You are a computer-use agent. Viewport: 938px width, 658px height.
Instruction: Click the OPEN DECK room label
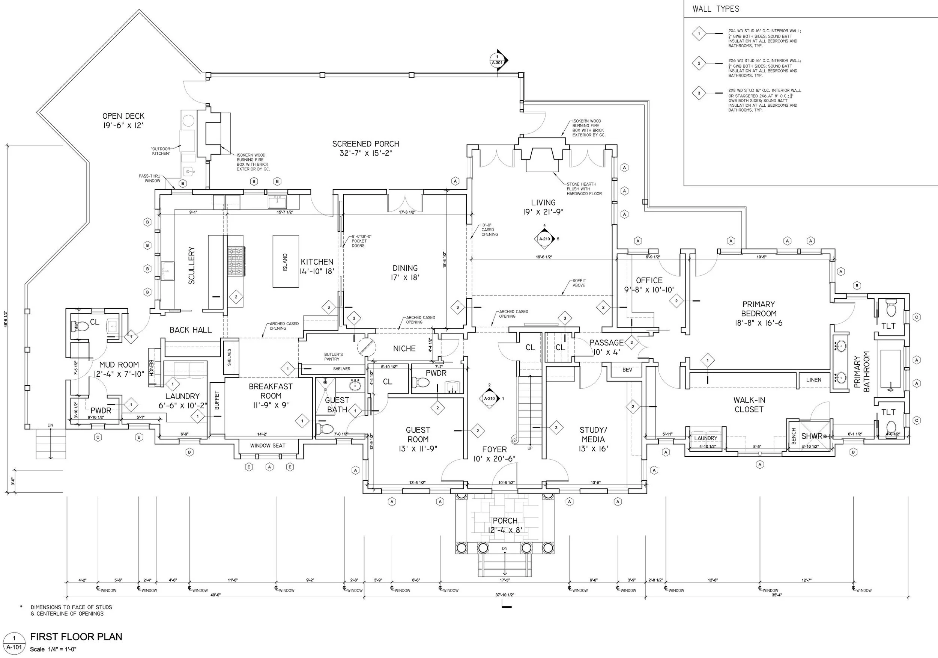[x=123, y=116]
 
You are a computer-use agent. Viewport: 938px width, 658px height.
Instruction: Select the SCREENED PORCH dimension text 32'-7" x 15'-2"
[x=366, y=153]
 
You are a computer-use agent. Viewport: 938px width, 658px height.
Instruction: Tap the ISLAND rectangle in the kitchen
[x=286, y=261]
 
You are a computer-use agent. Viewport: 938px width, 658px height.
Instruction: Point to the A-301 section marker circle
[x=497, y=60]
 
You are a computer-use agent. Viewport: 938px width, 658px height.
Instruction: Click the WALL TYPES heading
[x=716, y=9]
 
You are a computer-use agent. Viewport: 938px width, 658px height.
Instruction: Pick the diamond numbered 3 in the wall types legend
[x=699, y=93]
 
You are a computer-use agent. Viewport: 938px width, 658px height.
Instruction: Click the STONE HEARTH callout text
[x=584, y=189]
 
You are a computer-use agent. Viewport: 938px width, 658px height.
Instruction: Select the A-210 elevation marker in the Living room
[x=544, y=239]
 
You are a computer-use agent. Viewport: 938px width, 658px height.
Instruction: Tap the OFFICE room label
[x=649, y=281]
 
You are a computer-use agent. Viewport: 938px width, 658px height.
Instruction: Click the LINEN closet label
[x=814, y=380]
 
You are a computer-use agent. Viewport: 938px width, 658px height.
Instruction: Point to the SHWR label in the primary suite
[x=811, y=436]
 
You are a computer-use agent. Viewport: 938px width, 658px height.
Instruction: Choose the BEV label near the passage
[x=627, y=370]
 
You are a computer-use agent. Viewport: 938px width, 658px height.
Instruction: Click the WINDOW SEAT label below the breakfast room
[x=268, y=446]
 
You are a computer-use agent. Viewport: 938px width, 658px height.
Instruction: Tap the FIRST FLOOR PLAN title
[x=76, y=637]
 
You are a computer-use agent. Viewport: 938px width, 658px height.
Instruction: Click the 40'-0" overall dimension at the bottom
[x=215, y=595]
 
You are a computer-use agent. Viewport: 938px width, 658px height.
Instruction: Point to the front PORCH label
[x=505, y=521]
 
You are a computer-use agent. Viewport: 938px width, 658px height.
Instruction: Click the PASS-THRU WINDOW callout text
[x=150, y=178]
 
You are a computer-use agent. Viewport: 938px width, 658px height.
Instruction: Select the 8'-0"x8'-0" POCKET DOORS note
[x=361, y=241]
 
